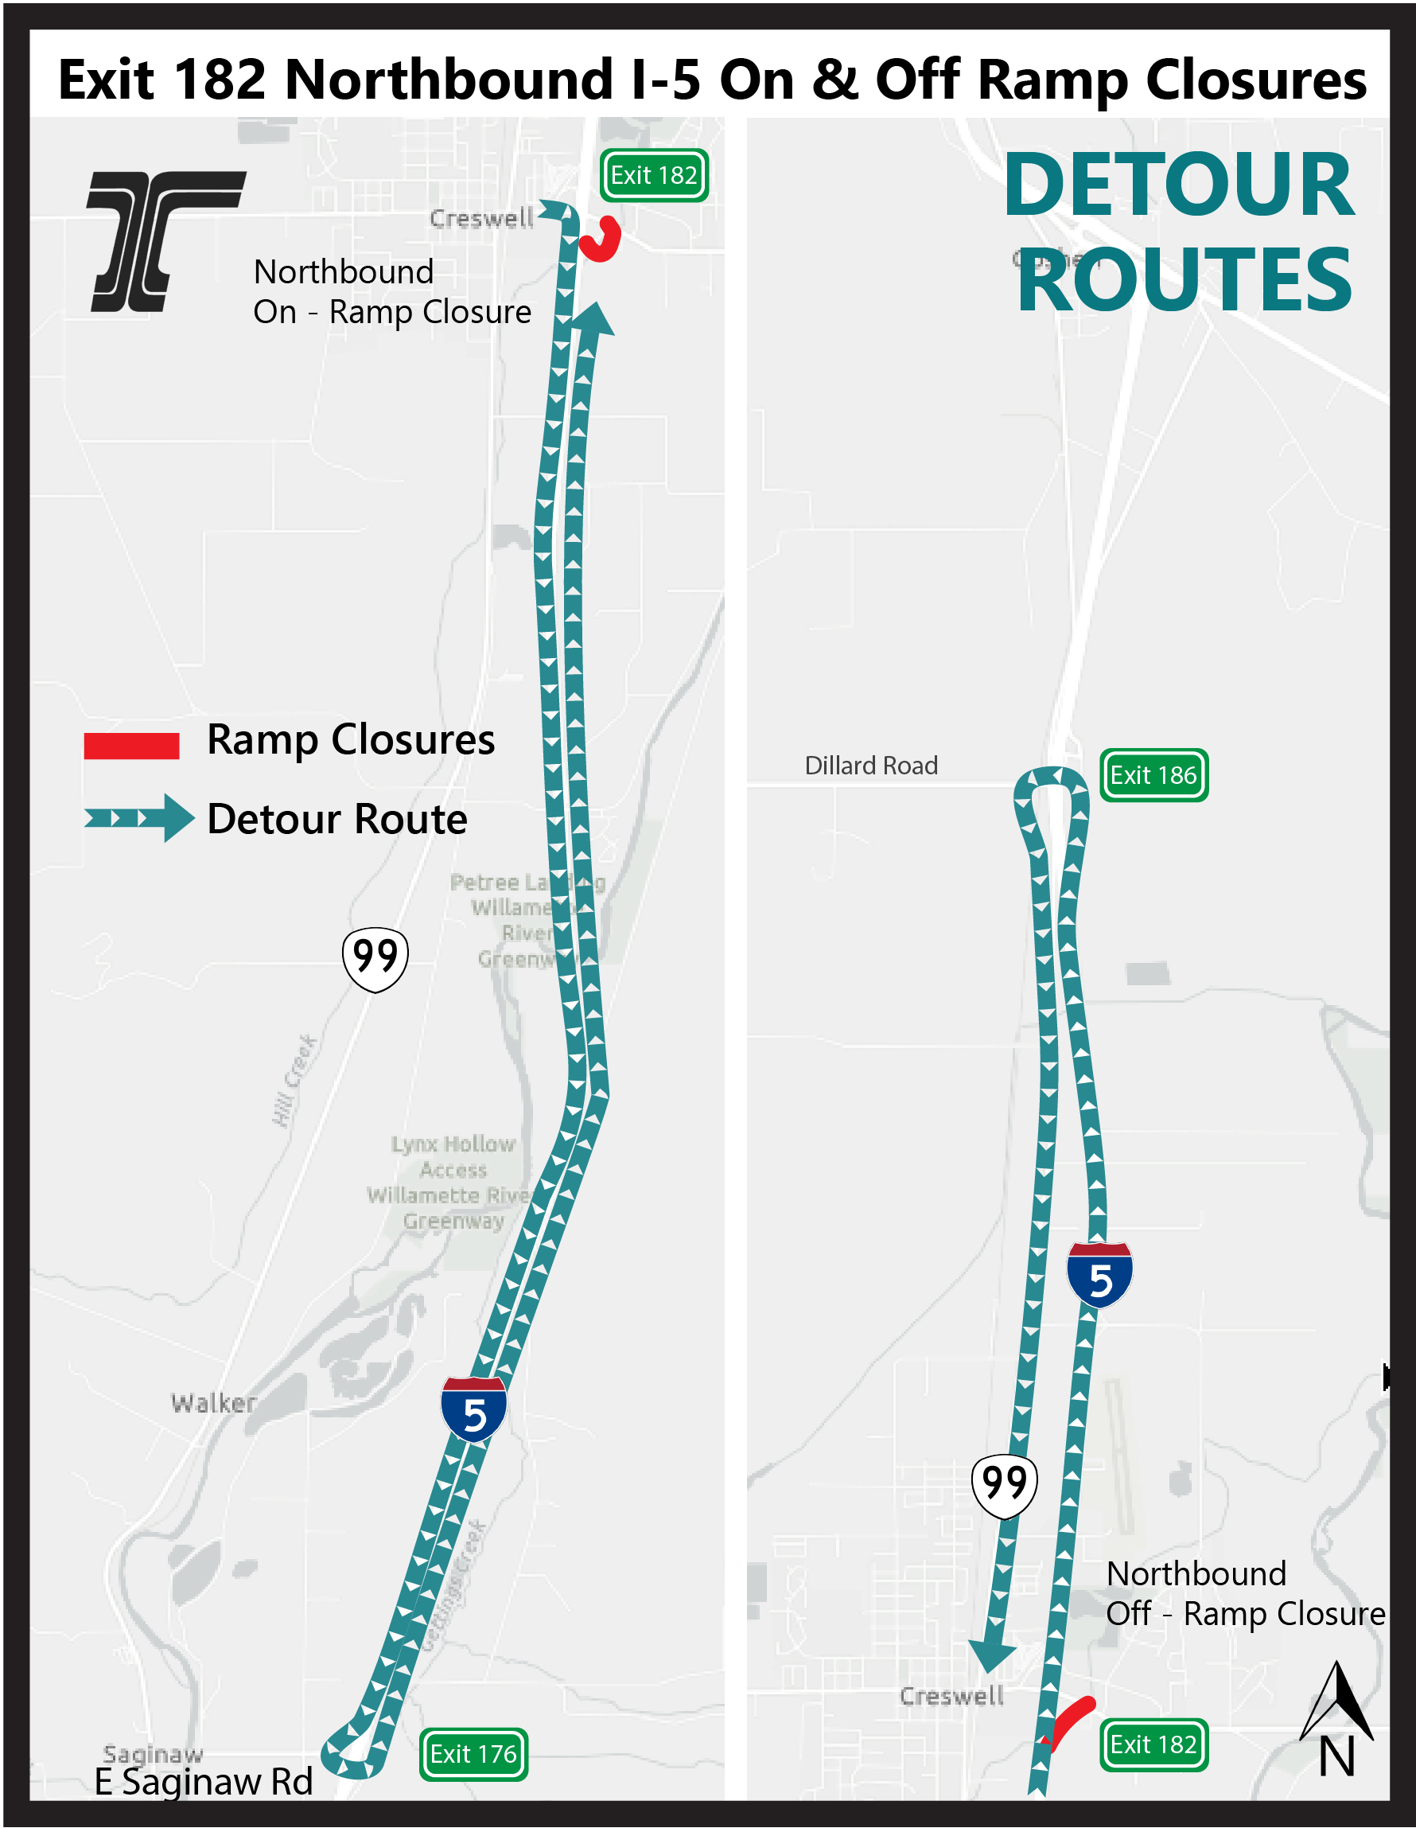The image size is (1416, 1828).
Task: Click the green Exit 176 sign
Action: (473, 1753)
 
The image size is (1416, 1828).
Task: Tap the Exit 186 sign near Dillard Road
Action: (1153, 775)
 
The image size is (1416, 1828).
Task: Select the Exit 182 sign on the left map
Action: (654, 175)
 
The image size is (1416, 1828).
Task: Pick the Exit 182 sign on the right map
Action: (1153, 1744)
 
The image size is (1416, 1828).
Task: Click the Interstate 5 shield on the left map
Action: (473, 1408)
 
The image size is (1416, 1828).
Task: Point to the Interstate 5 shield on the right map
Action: (1099, 1274)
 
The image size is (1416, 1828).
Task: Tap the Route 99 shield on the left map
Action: (375, 957)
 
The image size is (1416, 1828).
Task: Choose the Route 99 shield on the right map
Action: (1004, 1485)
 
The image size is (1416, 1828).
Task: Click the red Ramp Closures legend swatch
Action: (131, 745)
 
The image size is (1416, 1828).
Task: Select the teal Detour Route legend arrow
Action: (139, 818)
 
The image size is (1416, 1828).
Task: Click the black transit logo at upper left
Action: (165, 241)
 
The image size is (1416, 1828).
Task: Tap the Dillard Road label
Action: (870, 765)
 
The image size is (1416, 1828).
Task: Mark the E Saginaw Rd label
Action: (204, 1781)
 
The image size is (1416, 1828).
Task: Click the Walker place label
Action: (213, 1404)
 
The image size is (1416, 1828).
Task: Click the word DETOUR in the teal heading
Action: (1178, 185)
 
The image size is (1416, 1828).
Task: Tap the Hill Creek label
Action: (294, 1080)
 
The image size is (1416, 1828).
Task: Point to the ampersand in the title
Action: (834, 80)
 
